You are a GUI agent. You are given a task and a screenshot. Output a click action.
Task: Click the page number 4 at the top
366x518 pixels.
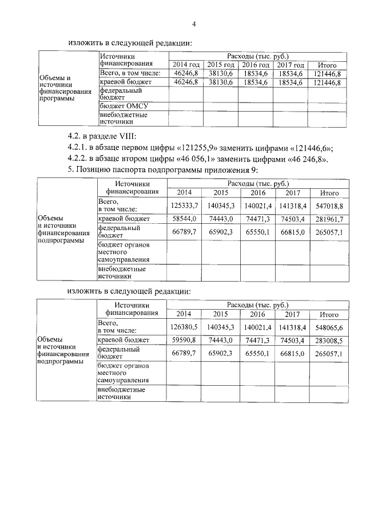click(x=194, y=24)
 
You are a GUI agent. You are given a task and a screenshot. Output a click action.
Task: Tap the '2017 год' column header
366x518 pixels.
click(x=291, y=65)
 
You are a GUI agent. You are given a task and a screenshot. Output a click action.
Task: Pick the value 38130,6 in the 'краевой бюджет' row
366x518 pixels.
click(x=221, y=82)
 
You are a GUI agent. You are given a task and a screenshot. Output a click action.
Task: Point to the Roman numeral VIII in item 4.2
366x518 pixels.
click(x=124, y=136)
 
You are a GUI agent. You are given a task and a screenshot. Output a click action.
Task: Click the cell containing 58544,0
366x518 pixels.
click(x=185, y=219)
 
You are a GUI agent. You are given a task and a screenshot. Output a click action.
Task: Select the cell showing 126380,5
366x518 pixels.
click(x=185, y=326)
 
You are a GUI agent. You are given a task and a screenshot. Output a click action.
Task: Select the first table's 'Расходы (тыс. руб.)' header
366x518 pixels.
click(x=257, y=56)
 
